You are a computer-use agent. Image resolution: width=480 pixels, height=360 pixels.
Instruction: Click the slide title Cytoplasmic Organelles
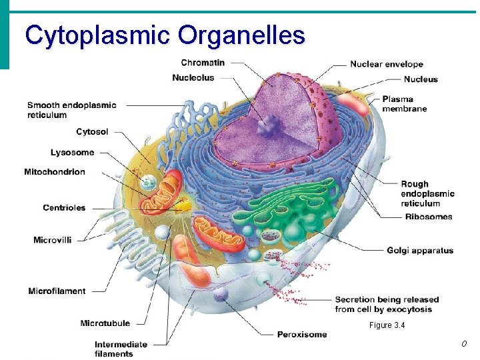[165, 35]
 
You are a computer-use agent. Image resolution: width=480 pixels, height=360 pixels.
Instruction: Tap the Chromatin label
[203, 63]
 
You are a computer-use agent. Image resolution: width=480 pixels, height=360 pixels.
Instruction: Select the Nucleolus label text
[193, 78]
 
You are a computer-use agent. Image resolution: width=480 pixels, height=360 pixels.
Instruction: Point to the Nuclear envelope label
[387, 65]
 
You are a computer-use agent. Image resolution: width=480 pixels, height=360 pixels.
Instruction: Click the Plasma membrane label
[404, 104]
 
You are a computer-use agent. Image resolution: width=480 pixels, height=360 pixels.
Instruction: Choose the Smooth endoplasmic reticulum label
[71, 110]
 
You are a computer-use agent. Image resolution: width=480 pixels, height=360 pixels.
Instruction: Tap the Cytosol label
[92, 132]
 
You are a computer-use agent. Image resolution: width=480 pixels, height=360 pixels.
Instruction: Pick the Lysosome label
[72, 153]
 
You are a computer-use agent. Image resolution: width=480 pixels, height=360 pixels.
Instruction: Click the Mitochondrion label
[55, 172]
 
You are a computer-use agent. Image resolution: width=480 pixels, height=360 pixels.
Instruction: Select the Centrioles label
[65, 208]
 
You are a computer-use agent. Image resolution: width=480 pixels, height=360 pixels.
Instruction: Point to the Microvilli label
[53, 240]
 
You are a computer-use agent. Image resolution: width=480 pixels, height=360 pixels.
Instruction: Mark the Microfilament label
[57, 291]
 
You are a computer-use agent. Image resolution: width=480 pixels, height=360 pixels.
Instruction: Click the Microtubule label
[105, 324]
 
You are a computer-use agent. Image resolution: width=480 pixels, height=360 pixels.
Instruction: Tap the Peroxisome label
[302, 335]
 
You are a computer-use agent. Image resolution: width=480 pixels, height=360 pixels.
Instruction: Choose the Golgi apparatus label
[420, 251]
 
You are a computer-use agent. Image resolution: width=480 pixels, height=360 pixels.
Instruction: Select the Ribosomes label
[429, 217]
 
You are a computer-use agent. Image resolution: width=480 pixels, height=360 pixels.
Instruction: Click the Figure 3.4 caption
[387, 325]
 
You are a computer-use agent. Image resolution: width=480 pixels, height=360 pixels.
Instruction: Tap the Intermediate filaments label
[121, 349]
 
